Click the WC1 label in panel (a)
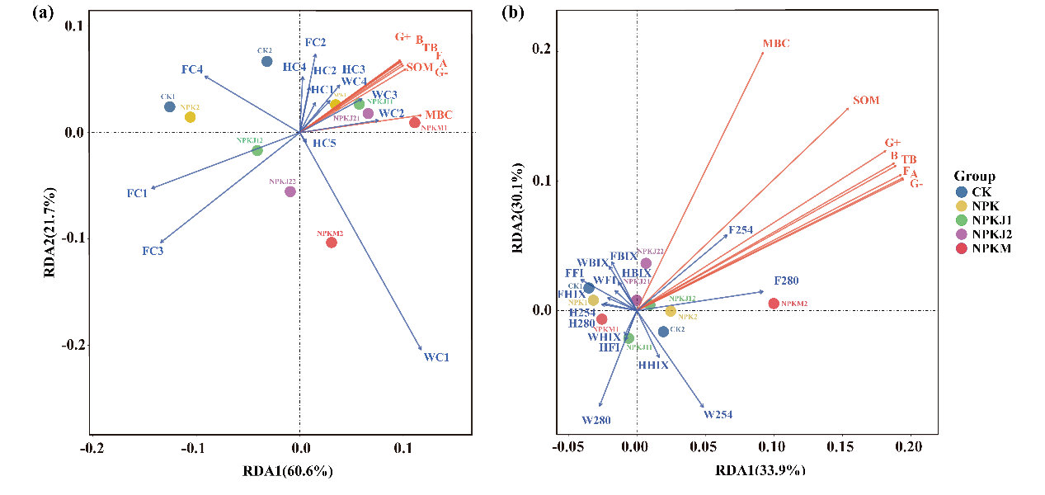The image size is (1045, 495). [x=437, y=357]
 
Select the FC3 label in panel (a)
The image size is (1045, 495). [x=153, y=250]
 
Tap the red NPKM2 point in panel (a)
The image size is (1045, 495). [x=332, y=243]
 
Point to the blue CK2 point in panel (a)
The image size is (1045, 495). [x=266, y=61]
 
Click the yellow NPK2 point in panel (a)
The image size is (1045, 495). [x=191, y=117]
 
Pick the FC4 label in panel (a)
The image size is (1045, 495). [x=192, y=69]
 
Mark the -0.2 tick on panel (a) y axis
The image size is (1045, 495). [x=73, y=344]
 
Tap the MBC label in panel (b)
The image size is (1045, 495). [x=777, y=43]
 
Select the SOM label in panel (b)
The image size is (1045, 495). [x=866, y=101]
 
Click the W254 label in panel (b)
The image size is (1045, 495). [x=718, y=414]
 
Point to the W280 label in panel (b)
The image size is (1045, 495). [x=596, y=420]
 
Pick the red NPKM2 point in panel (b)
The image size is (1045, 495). [x=774, y=304]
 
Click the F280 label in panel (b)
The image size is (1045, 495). [x=786, y=281]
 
